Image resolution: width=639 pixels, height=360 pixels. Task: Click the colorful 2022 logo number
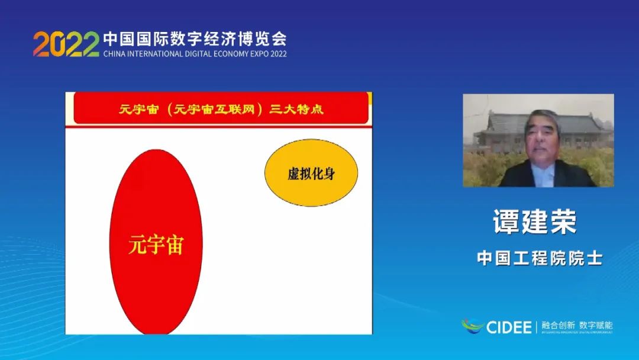(66, 44)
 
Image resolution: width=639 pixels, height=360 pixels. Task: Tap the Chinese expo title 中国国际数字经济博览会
(195, 39)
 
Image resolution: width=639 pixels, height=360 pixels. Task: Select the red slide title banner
(221, 109)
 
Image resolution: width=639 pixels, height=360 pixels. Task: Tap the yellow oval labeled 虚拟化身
(311, 173)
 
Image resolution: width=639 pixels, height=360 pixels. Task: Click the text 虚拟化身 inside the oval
(311, 174)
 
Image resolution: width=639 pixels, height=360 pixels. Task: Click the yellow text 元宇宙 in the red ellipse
(156, 244)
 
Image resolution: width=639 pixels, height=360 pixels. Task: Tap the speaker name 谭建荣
(535, 222)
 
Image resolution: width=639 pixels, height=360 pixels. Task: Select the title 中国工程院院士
(540, 258)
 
